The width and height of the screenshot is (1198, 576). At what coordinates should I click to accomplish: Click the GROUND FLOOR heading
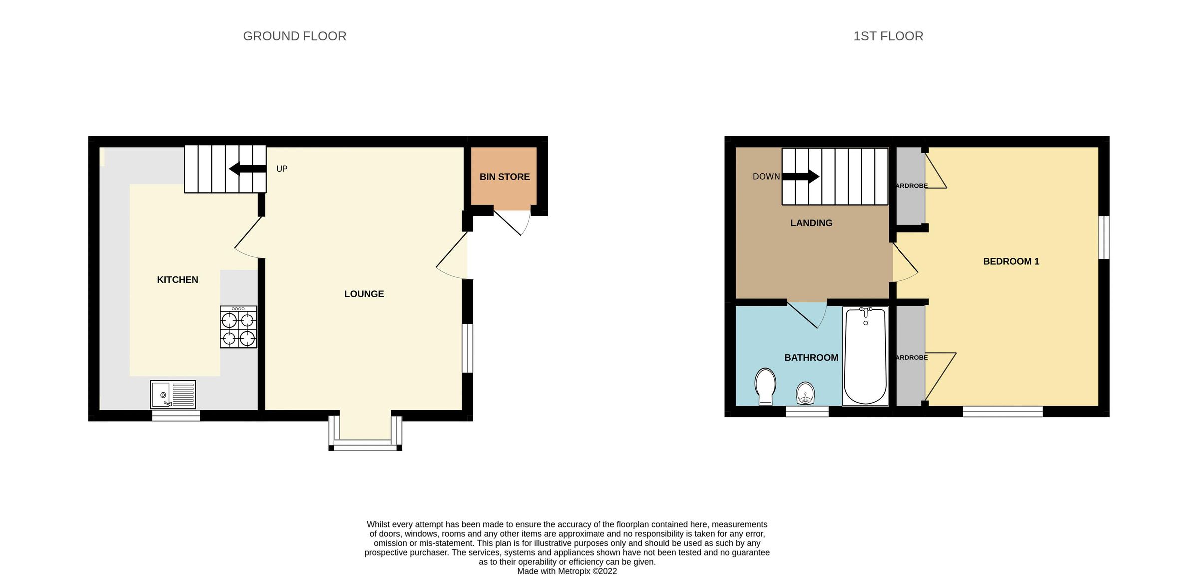(x=295, y=36)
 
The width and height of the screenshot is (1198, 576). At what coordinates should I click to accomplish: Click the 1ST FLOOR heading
(x=888, y=36)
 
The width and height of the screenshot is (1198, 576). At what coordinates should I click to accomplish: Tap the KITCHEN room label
(x=177, y=280)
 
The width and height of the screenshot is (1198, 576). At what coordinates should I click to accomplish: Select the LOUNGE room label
(x=364, y=294)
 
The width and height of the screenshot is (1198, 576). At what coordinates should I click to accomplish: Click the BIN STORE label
(x=504, y=177)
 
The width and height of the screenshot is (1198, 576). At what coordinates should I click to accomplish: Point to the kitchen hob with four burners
(x=238, y=327)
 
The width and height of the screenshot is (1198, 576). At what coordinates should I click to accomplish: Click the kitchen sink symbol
(x=173, y=394)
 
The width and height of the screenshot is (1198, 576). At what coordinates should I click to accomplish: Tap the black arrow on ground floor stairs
(x=247, y=169)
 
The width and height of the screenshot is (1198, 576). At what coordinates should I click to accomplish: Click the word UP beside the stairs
(x=282, y=169)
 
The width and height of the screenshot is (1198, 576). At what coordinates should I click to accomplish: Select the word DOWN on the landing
(x=766, y=176)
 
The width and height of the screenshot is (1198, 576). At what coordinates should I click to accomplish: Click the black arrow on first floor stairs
(x=801, y=176)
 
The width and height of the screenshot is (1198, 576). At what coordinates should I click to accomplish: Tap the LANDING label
(x=811, y=223)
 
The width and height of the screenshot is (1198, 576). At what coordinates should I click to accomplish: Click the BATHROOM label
(x=811, y=358)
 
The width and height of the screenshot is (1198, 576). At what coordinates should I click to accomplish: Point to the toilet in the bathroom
(x=765, y=386)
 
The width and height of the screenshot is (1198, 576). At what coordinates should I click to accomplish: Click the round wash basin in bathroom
(x=805, y=393)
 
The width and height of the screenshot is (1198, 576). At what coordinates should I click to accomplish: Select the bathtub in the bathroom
(x=865, y=356)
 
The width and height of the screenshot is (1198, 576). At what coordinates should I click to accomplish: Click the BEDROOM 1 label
(x=1011, y=261)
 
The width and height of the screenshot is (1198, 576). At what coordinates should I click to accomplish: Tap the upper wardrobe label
(x=911, y=186)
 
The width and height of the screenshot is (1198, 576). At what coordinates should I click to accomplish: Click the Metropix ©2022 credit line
(x=567, y=571)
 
